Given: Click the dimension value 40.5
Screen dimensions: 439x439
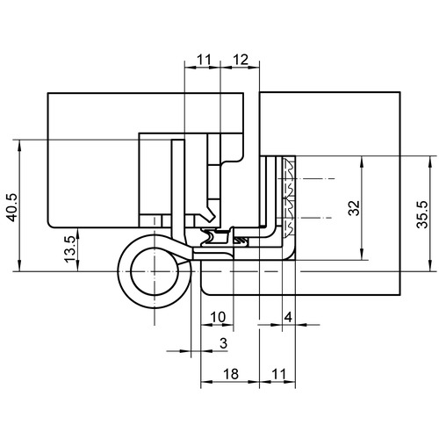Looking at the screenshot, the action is (x=12, y=207).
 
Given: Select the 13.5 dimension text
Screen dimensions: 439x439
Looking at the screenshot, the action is (x=70, y=249).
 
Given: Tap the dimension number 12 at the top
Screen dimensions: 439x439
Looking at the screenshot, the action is (x=241, y=60).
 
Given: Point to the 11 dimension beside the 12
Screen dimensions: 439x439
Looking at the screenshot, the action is (x=204, y=60).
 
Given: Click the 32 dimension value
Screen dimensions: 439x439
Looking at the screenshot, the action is (x=355, y=208).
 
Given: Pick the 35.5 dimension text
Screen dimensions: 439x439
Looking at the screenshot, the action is (x=422, y=214).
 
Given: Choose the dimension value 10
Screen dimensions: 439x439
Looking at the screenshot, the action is (x=218, y=317).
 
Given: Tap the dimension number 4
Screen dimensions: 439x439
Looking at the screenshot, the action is (x=288, y=317).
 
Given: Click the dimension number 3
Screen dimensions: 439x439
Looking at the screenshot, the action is (x=223, y=343).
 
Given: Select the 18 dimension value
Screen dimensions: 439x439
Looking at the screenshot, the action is (x=231, y=374).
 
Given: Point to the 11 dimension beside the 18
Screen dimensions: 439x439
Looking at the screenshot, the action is (x=278, y=374).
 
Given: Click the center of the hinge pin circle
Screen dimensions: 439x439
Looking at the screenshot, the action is (x=155, y=271).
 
